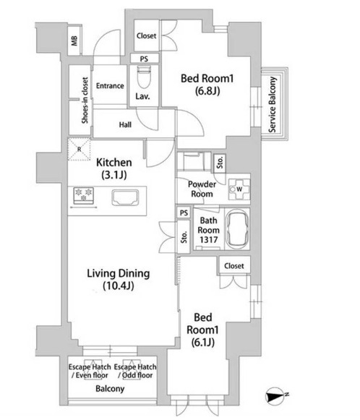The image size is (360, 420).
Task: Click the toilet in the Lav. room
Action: (x=144, y=77)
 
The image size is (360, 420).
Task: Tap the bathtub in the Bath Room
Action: (x=237, y=228)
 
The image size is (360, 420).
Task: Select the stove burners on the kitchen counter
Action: (x=84, y=194)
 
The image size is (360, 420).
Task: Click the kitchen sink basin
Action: (x=125, y=197)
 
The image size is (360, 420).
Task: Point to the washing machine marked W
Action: (x=239, y=189)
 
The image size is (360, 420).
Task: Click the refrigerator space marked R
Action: (x=80, y=150)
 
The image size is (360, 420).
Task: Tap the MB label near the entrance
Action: (x=74, y=40)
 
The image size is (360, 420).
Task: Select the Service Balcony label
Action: (x=273, y=105)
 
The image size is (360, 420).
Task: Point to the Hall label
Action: (x=125, y=124)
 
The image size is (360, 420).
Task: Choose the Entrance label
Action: (x=110, y=86)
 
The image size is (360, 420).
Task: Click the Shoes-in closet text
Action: (x=85, y=100)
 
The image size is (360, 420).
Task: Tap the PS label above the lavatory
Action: (x=144, y=59)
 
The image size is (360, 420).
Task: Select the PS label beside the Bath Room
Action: (x=184, y=213)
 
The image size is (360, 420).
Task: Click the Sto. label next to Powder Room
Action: (x=220, y=163)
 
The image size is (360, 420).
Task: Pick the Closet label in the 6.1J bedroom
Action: (x=234, y=266)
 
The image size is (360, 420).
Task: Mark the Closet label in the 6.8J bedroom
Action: (x=146, y=35)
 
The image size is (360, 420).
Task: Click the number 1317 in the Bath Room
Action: (x=209, y=239)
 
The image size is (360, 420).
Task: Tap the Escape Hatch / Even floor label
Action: (x=90, y=371)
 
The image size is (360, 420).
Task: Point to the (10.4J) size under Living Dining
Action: (x=118, y=286)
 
